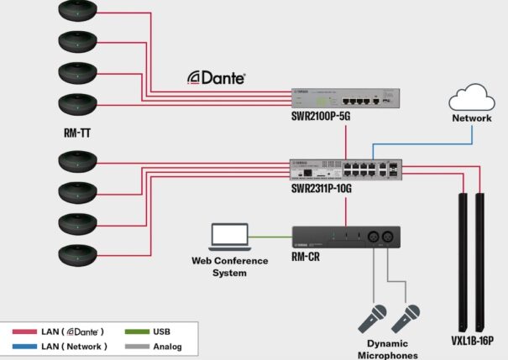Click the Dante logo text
[x=216, y=77]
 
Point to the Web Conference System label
[x=228, y=266]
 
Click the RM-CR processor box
[x=344, y=237]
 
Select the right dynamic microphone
[x=406, y=319]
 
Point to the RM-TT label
[x=78, y=132]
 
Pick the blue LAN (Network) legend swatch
[x=24, y=346]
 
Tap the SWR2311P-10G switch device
[x=345, y=168]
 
